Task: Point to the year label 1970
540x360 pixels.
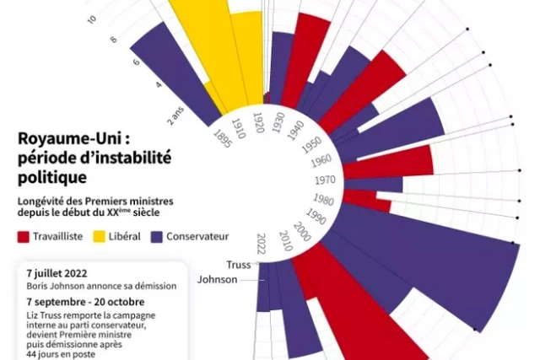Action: (x=325, y=180)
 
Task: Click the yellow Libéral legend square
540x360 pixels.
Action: (x=99, y=237)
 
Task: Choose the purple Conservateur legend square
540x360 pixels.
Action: (x=156, y=237)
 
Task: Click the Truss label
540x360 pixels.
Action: (x=239, y=265)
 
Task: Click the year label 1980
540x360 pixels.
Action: (x=321, y=199)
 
